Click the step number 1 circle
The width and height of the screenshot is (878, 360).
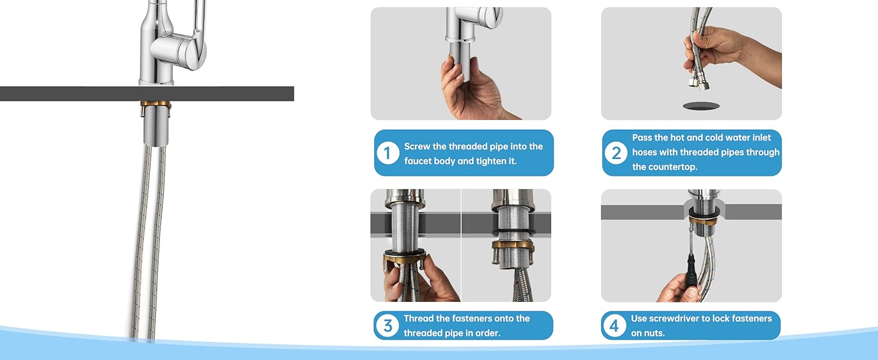pos(387,154)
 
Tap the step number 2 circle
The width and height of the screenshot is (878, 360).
pos(616,153)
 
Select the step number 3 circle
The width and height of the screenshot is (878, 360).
pos(387,325)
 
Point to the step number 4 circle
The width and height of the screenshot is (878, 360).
pos(614,325)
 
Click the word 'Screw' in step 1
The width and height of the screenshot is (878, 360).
pos(417,146)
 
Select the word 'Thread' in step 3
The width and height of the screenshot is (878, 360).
pos(419,318)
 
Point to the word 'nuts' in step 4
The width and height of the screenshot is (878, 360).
pos(654,333)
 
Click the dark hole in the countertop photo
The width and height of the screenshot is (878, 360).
pos(701,106)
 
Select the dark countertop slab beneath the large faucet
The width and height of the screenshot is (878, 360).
pos(146,94)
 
